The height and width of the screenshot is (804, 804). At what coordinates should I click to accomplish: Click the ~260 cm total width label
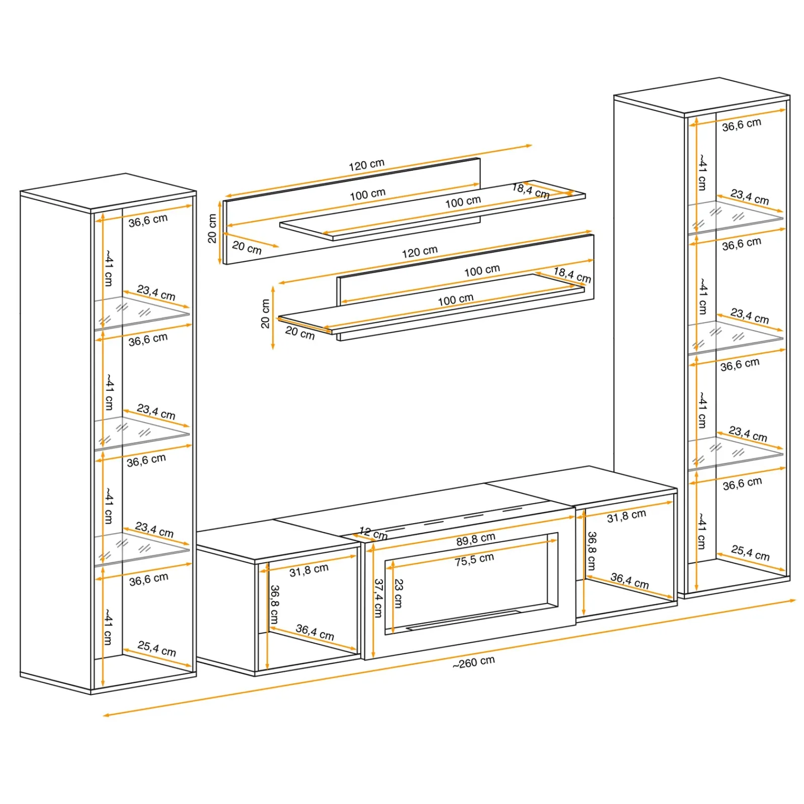(x=473, y=662)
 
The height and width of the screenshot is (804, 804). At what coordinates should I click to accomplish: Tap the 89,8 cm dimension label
(x=475, y=539)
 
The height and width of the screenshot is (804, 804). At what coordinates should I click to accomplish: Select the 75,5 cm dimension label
(x=474, y=560)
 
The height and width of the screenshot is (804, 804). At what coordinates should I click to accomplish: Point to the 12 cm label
(x=373, y=533)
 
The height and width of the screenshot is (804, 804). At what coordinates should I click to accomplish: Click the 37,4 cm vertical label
(x=378, y=598)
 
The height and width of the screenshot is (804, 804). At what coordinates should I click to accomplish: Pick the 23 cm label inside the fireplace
(x=398, y=593)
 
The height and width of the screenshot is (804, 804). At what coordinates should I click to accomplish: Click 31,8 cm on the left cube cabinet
(x=309, y=570)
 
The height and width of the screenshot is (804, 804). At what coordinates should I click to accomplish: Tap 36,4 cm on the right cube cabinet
(x=630, y=581)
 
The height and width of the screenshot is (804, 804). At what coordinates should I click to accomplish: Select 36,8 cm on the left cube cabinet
(x=274, y=604)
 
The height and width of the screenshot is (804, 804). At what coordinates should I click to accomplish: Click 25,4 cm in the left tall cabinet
(x=157, y=648)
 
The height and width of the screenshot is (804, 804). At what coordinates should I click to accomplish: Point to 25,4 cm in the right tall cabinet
(x=750, y=553)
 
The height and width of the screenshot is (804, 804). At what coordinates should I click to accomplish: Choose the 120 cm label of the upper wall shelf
(x=366, y=165)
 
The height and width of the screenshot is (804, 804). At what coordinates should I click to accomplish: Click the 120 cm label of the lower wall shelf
(x=420, y=251)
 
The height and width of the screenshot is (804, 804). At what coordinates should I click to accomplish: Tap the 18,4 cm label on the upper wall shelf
(x=531, y=191)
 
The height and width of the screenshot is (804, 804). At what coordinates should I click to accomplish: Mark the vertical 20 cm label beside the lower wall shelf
(x=265, y=314)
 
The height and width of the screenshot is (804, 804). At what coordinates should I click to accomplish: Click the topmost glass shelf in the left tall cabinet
(x=142, y=313)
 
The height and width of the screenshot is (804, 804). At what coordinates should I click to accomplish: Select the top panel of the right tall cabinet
(x=701, y=95)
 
